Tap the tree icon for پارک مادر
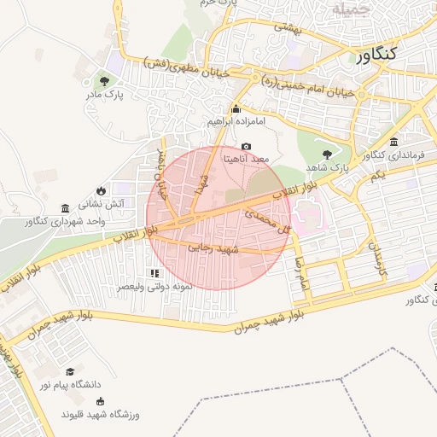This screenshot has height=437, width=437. [104, 81]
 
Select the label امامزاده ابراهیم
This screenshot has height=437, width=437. [236, 122]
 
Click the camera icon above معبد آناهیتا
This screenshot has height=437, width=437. [247, 147]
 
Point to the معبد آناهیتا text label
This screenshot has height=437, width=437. [246, 159]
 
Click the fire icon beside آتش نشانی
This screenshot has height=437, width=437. [102, 190]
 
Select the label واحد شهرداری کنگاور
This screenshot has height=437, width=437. [66, 221]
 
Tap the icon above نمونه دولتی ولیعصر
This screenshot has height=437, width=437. [154, 273]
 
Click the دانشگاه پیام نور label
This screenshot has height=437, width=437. [69, 385]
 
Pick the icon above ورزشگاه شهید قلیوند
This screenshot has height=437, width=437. [101, 401]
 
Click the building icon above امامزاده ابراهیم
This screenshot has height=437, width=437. [236, 109]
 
